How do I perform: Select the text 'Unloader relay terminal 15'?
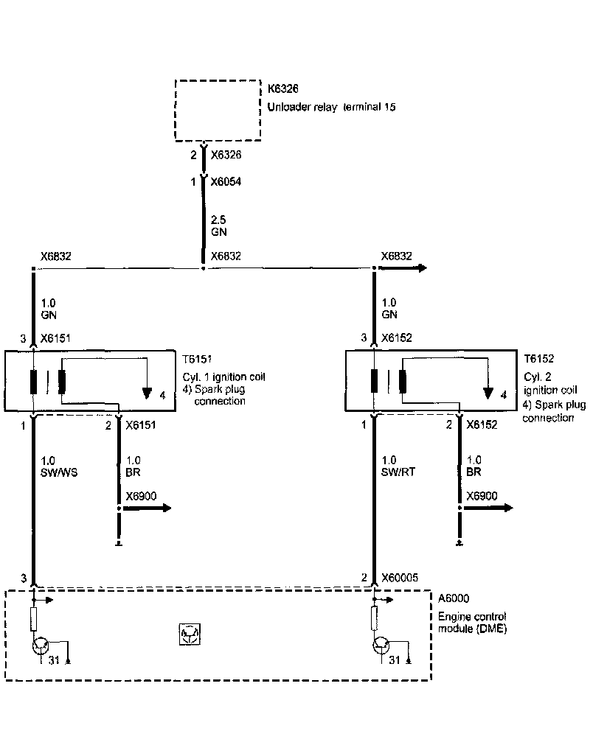[x=332, y=107]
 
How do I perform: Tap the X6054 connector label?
[x=226, y=181]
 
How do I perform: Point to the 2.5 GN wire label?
[x=218, y=225]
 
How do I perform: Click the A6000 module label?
[x=454, y=598]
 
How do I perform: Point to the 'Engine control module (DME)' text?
[x=472, y=623]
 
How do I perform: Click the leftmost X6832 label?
[x=56, y=256]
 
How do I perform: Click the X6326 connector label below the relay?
[x=226, y=155]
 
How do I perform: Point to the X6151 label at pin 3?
[x=56, y=338]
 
